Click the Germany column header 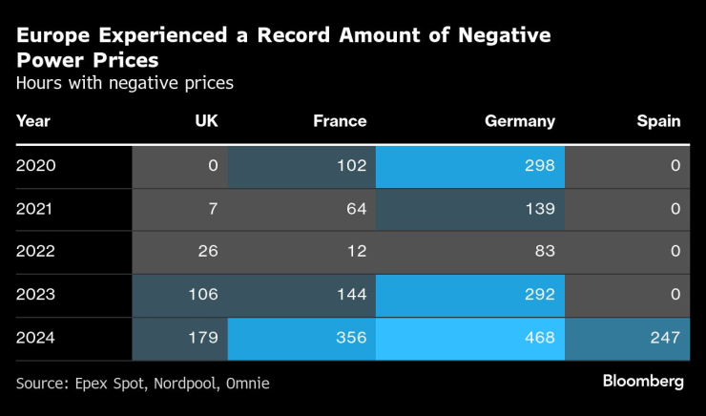pos(519,121)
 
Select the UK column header pos(206,121)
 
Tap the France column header pos(340,121)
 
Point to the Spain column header pos(658,121)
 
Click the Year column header pos(33,121)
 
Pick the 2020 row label pos(36,166)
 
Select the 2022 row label pos(36,252)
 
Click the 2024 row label pos(36,338)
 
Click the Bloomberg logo pos(643,382)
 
